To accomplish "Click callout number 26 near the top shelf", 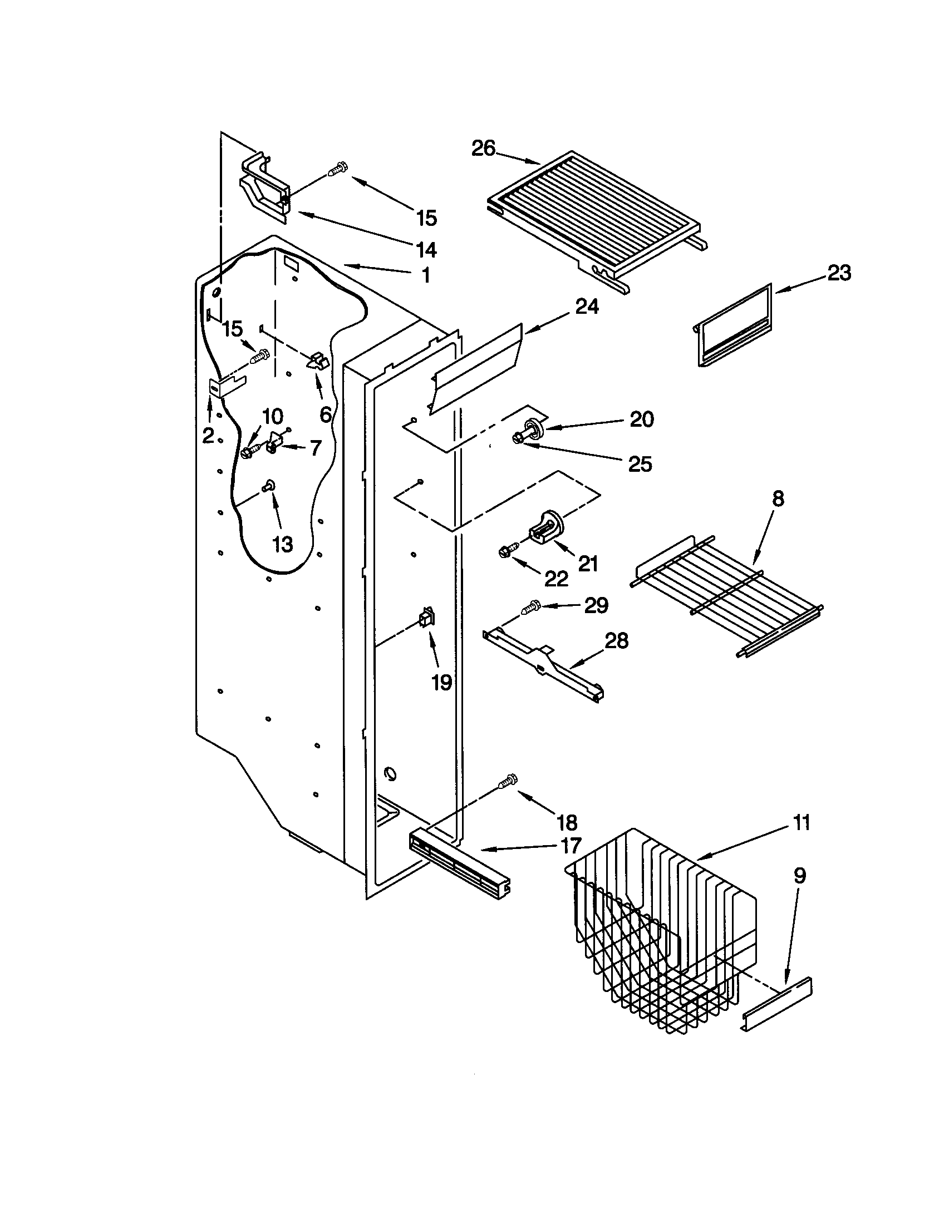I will (483, 148).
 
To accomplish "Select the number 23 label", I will (839, 273).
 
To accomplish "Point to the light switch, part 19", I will (427, 618).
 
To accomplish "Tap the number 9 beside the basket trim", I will (800, 875).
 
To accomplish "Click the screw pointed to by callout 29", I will (530, 607).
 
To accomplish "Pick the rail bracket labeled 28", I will (544, 664).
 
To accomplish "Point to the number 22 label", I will (557, 579).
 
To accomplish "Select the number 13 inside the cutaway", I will (283, 543).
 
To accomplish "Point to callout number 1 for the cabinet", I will (426, 275).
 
